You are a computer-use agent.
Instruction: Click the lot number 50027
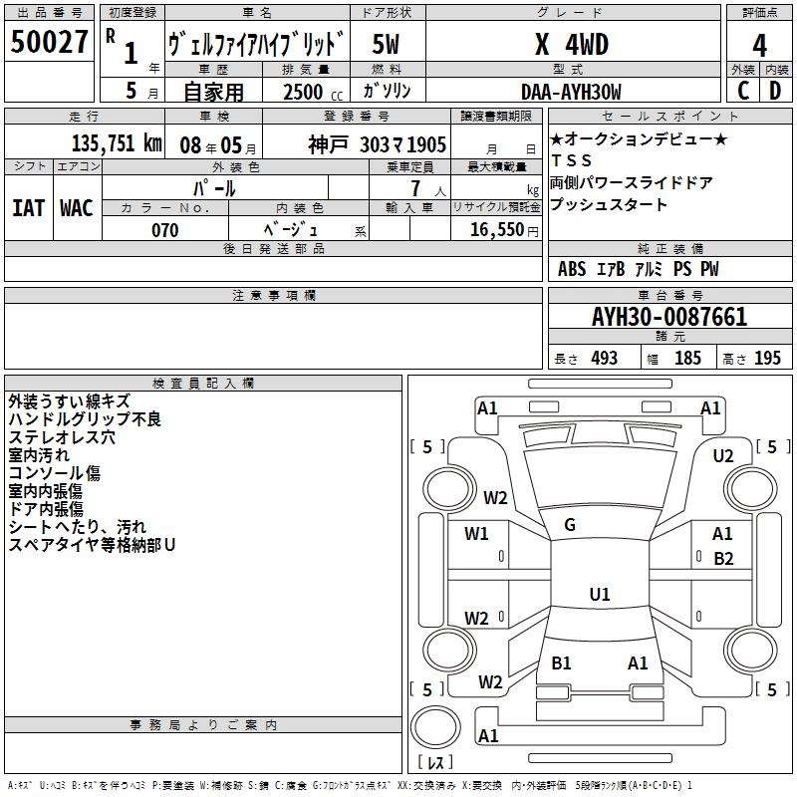(49, 43)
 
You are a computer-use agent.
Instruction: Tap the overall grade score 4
(760, 45)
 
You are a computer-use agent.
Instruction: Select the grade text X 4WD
(572, 45)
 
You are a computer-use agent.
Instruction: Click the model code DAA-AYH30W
(572, 92)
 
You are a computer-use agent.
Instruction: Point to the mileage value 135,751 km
(117, 142)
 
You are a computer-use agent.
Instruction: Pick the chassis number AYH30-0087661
(669, 317)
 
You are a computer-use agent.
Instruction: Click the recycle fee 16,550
(495, 230)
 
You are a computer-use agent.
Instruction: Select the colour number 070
(164, 230)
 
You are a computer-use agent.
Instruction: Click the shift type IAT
(28, 208)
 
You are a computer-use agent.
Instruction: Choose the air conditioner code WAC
(76, 208)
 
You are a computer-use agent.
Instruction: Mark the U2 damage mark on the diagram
(723, 455)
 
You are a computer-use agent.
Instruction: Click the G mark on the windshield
(570, 525)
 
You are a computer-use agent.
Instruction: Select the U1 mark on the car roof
(599, 594)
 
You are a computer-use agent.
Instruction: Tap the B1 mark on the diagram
(561, 663)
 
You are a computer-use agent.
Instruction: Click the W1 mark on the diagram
(476, 534)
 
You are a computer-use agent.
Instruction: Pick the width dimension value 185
(687, 359)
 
